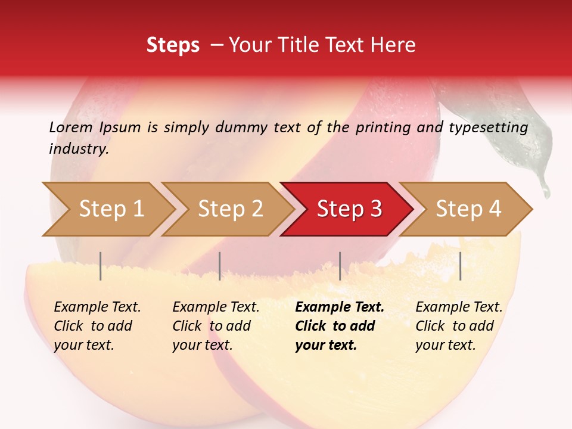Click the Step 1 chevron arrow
pyautogui.click(x=110, y=209)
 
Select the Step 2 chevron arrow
pyautogui.click(x=229, y=209)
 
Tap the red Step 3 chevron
pyautogui.click(x=349, y=209)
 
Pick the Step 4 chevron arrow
pyautogui.click(x=468, y=209)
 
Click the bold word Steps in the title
pyautogui.click(x=173, y=45)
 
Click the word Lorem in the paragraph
pyautogui.click(x=70, y=127)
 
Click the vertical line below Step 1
pyautogui.click(x=101, y=266)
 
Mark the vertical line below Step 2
pyautogui.click(x=220, y=266)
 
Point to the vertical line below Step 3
pyautogui.click(x=340, y=266)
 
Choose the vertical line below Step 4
pyautogui.click(x=460, y=266)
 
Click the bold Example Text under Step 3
pyautogui.click(x=340, y=307)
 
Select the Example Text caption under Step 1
pyautogui.click(x=97, y=307)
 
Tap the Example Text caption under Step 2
pyautogui.click(x=216, y=307)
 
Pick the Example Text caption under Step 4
pyautogui.click(x=459, y=307)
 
